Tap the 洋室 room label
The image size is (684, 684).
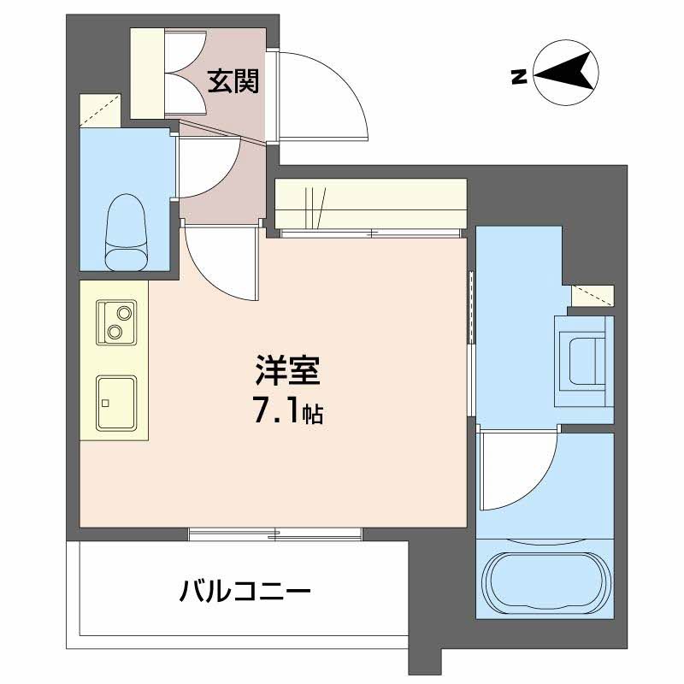pos(287,373)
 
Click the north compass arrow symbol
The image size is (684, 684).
pos(565,75)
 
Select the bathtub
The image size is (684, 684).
pos(545,579)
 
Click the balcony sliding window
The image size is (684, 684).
pos(275,535)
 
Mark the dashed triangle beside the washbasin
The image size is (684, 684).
pos(592,295)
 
